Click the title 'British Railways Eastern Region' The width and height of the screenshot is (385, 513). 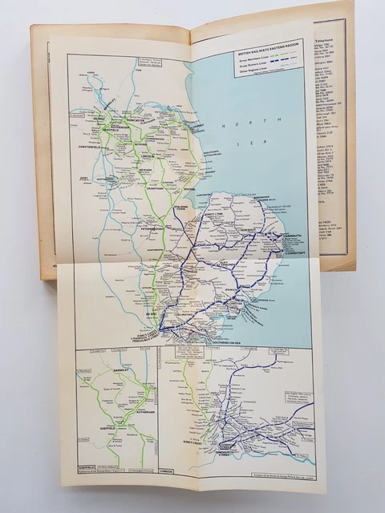pyautogui.click(x=267, y=51)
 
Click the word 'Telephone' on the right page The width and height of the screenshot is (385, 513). pyautogui.click(x=328, y=36)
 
